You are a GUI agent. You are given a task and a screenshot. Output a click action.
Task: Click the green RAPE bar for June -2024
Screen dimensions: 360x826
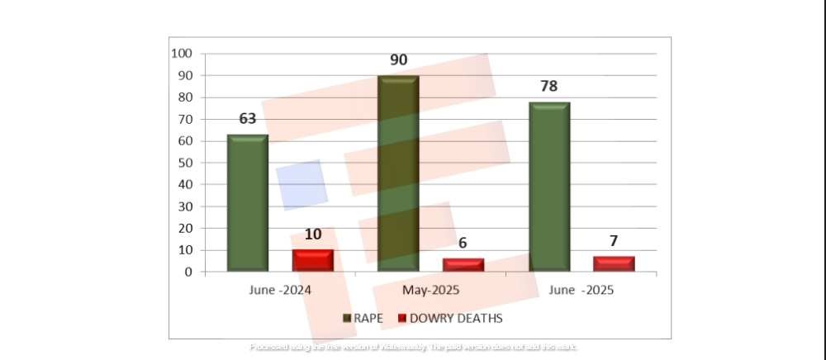pyautogui.click(x=248, y=202)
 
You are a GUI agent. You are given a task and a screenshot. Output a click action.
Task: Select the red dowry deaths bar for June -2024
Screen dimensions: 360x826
pyautogui.click(x=313, y=260)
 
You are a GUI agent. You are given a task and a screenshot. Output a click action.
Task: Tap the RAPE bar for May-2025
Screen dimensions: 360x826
pyautogui.click(x=398, y=173)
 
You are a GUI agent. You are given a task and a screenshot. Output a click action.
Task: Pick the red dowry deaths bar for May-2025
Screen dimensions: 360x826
pyautogui.click(x=463, y=264)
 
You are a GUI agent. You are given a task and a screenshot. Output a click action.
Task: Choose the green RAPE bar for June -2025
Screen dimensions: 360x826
pyautogui.click(x=549, y=187)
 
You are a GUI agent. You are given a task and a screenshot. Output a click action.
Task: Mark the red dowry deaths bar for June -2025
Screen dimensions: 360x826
pyautogui.click(x=614, y=263)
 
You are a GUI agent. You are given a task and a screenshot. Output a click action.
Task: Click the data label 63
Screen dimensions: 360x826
pyautogui.click(x=248, y=119)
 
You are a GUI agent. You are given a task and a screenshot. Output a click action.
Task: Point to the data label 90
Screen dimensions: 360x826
pyautogui.click(x=398, y=60)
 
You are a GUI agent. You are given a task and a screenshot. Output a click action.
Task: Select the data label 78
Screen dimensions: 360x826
pyautogui.click(x=549, y=87)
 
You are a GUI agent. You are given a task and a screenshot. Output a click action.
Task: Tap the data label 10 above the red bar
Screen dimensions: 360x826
pyautogui.click(x=313, y=234)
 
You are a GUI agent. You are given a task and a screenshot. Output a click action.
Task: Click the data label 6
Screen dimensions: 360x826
pyautogui.click(x=463, y=244)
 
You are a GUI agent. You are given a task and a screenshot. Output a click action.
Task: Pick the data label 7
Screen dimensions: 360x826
pyautogui.click(x=614, y=241)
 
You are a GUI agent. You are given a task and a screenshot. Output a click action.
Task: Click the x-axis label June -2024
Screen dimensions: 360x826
pyautogui.click(x=280, y=291)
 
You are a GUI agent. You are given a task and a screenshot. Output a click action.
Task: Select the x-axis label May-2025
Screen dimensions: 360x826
pyautogui.click(x=430, y=291)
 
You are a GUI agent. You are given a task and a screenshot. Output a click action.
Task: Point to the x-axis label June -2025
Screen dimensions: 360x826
pyautogui.click(x=582, y=291)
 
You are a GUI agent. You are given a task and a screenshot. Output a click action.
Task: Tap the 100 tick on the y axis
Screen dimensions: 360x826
pyautogui.click(x=182, y=54)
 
